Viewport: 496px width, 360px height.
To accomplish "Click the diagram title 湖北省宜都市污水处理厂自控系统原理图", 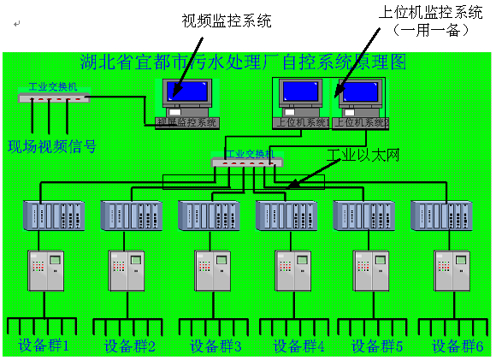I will click(243, 62).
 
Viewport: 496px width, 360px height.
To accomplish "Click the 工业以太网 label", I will click(363, 154).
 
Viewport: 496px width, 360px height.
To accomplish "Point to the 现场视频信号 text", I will click(51, 146).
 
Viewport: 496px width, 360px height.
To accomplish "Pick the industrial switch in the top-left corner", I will click(53, 97).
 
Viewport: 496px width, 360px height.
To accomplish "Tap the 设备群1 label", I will click(44, 346).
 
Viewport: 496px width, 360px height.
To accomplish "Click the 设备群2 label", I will click(130, 346).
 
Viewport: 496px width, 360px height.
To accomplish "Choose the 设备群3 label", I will click(216, 346).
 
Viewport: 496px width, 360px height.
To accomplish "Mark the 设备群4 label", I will click(298, 346).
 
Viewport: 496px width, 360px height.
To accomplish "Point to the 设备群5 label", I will click(377, 346).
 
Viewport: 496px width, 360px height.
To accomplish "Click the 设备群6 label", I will click(458, 346).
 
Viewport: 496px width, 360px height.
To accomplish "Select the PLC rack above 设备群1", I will click(53, 215).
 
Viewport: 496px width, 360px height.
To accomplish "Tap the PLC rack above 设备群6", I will click(441, 215).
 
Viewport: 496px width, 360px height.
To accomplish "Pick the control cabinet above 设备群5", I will click(371, 270).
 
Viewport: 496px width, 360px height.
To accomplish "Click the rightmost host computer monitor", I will click(359, 93).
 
